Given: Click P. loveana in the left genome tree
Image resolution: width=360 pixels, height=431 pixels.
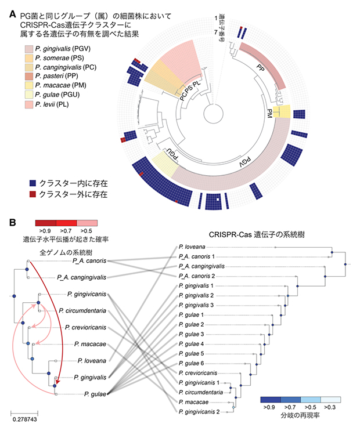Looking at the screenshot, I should coord(91,360).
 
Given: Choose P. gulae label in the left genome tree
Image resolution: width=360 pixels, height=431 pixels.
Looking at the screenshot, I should coord(95,394).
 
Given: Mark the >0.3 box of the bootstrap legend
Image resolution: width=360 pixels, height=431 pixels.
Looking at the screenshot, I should coord(330,400).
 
